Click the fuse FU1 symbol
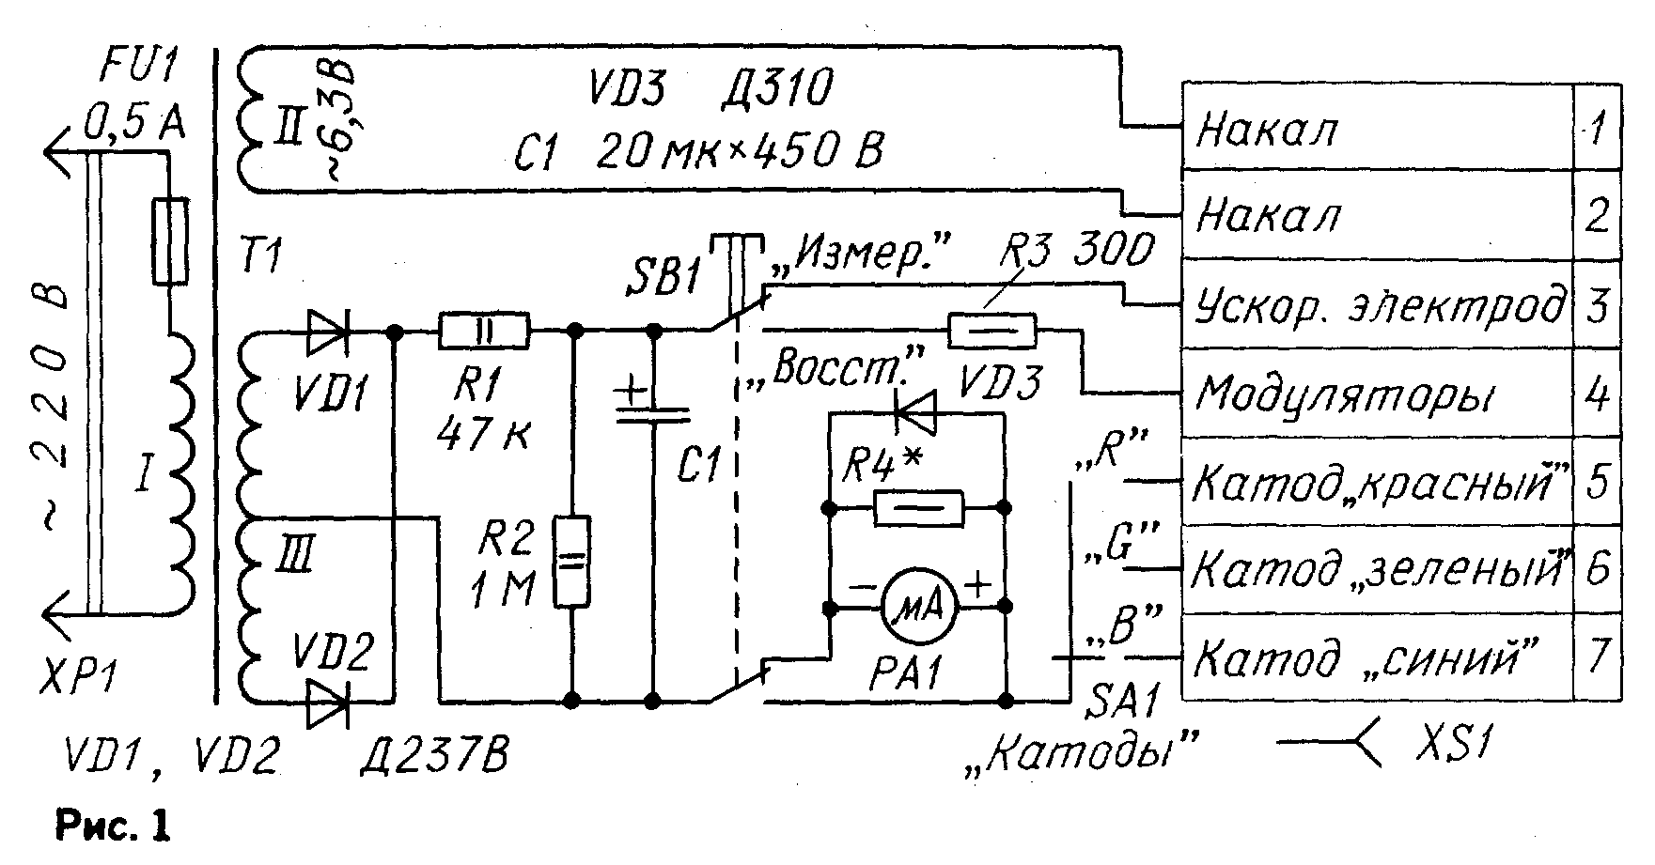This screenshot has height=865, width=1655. click(x=170, y=241)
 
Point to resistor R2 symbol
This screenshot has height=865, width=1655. click(x=570, y=562)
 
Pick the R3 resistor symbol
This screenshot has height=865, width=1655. click(x=992, y=331)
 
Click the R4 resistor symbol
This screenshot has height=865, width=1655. click(x=917, y=508)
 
